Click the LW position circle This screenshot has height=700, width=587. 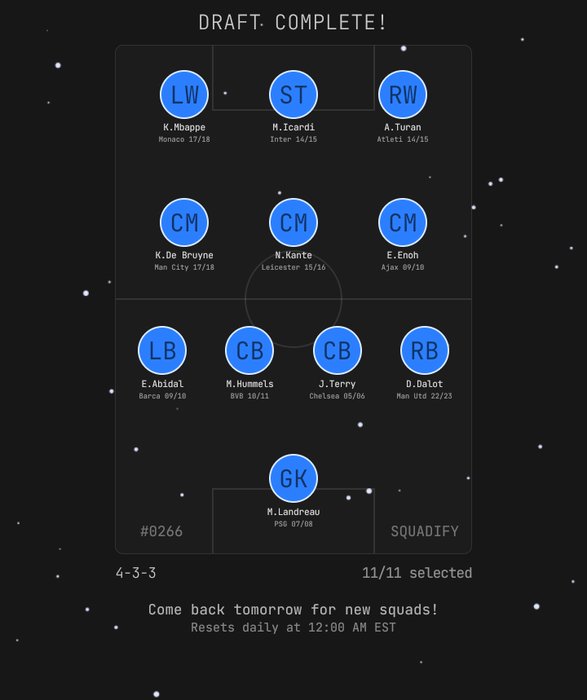pyautogui.click(x=184, y=95)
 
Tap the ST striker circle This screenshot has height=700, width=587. pyautogui.click(x=293, y=95)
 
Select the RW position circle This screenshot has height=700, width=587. pyautogui.click(x=403, y=95)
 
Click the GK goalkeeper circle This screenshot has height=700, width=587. pyautogui.click(x=293, y=478)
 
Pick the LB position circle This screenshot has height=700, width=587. pyautogui.click(x=162, y=350)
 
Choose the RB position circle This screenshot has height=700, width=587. pyautogui.click(x=425, y=350)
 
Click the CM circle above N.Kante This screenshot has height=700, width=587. pyautogui.click(x=293, y=222)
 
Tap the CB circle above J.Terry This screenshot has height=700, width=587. pyautogui.click(x=338, y=350)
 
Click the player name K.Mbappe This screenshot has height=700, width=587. pyautogui.click(x=184, y=127)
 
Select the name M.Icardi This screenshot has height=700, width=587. pyautogui.click(x=293, y=127)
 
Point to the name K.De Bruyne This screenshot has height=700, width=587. pyautogui.click(x=184, y=255)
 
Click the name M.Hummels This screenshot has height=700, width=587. pyautogui.click(x=249, y=384)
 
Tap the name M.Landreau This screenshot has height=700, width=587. pyautogui.click(x=293, y=512)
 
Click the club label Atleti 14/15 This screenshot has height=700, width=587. pyautogui.click(x=403, y=139)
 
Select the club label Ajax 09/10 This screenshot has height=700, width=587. pyautogui.click(x=403, y=267)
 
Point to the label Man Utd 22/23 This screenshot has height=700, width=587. pyautogui.click(x=425, y=396)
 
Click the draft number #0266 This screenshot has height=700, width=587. pyautogui.click(x=161, y=531)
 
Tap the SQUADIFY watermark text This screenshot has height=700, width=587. pyautogui.click(x=425, y=531)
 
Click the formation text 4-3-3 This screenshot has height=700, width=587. pyautogui.click(x=135, y=573)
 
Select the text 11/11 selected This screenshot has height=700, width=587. pyautogui.click(x=417, y=573)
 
